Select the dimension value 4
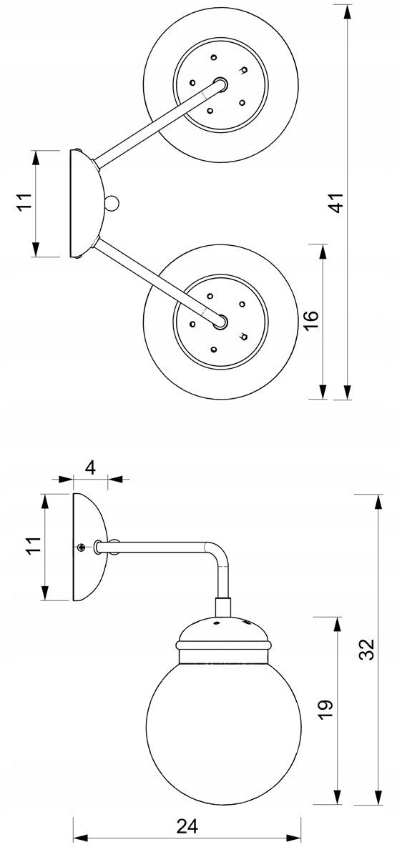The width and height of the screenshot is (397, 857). pyautogui.click(x=90, y=468)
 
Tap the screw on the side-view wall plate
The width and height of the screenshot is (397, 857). pyautogui.click(x=80, y=547)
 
